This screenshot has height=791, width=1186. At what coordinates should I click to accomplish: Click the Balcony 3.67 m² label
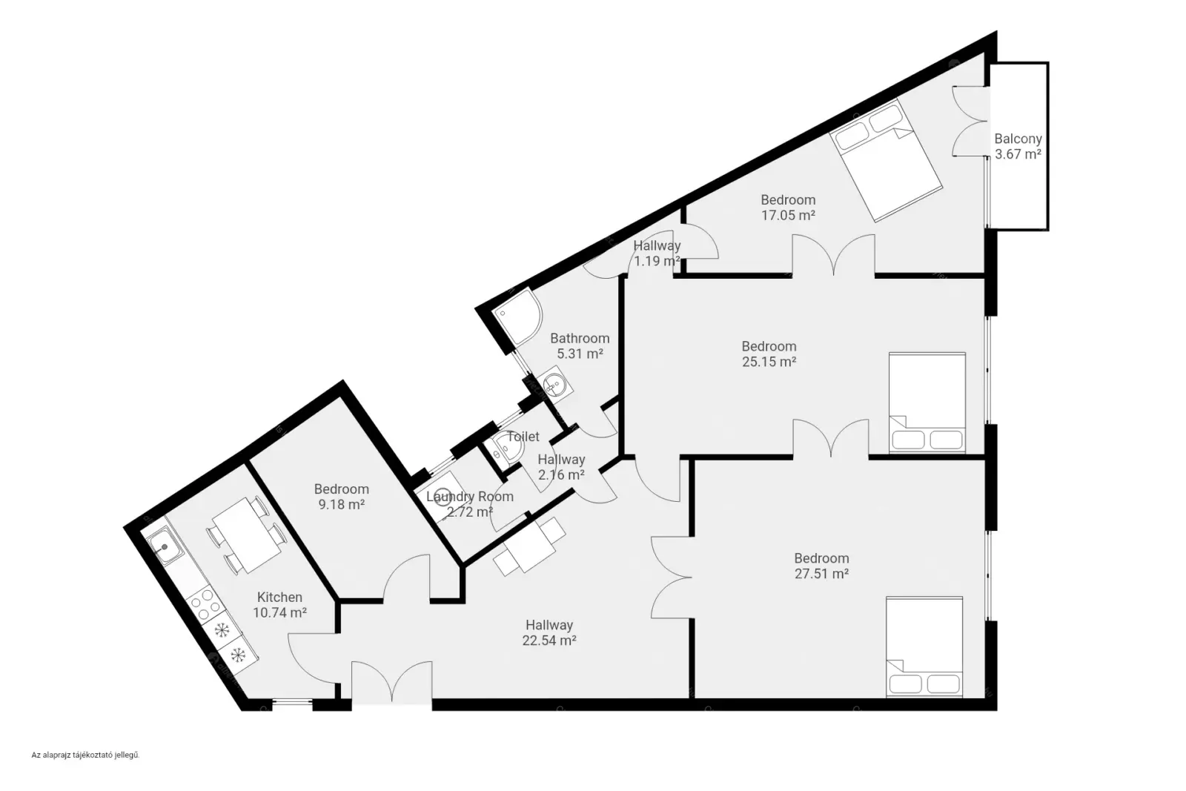tap(1018, 146)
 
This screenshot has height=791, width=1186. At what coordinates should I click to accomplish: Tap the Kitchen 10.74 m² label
tap(279, 605)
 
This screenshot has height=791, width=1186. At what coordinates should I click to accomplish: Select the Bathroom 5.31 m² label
tap(580, 345)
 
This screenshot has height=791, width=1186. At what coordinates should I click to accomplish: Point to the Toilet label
tap(523, 436)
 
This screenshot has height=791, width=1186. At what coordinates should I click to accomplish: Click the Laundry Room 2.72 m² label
tap(470, 504)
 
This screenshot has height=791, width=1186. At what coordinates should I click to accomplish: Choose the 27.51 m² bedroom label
tap(822, 566)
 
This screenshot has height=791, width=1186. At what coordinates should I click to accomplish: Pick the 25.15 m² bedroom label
tap(769, 354)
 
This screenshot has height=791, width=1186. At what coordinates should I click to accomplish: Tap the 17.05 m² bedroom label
tap(788, 208)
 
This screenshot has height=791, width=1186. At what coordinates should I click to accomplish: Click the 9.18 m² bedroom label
tap(342, 497)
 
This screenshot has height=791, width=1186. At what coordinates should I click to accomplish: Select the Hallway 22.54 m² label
tap(549, 632)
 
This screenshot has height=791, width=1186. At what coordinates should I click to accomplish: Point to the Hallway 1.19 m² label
tap(657, 253)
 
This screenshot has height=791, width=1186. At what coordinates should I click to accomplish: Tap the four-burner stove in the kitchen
tap(205, 603)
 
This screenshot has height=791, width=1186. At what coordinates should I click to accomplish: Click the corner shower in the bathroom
tap(517, 317)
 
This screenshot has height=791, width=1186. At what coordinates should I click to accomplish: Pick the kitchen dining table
tap(247, 534)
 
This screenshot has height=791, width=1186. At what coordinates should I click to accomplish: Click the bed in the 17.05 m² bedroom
tap(886, 160)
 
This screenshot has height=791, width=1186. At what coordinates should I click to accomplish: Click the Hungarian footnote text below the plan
tap(85, 755)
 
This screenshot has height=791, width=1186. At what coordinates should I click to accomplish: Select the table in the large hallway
tap(529, 546)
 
